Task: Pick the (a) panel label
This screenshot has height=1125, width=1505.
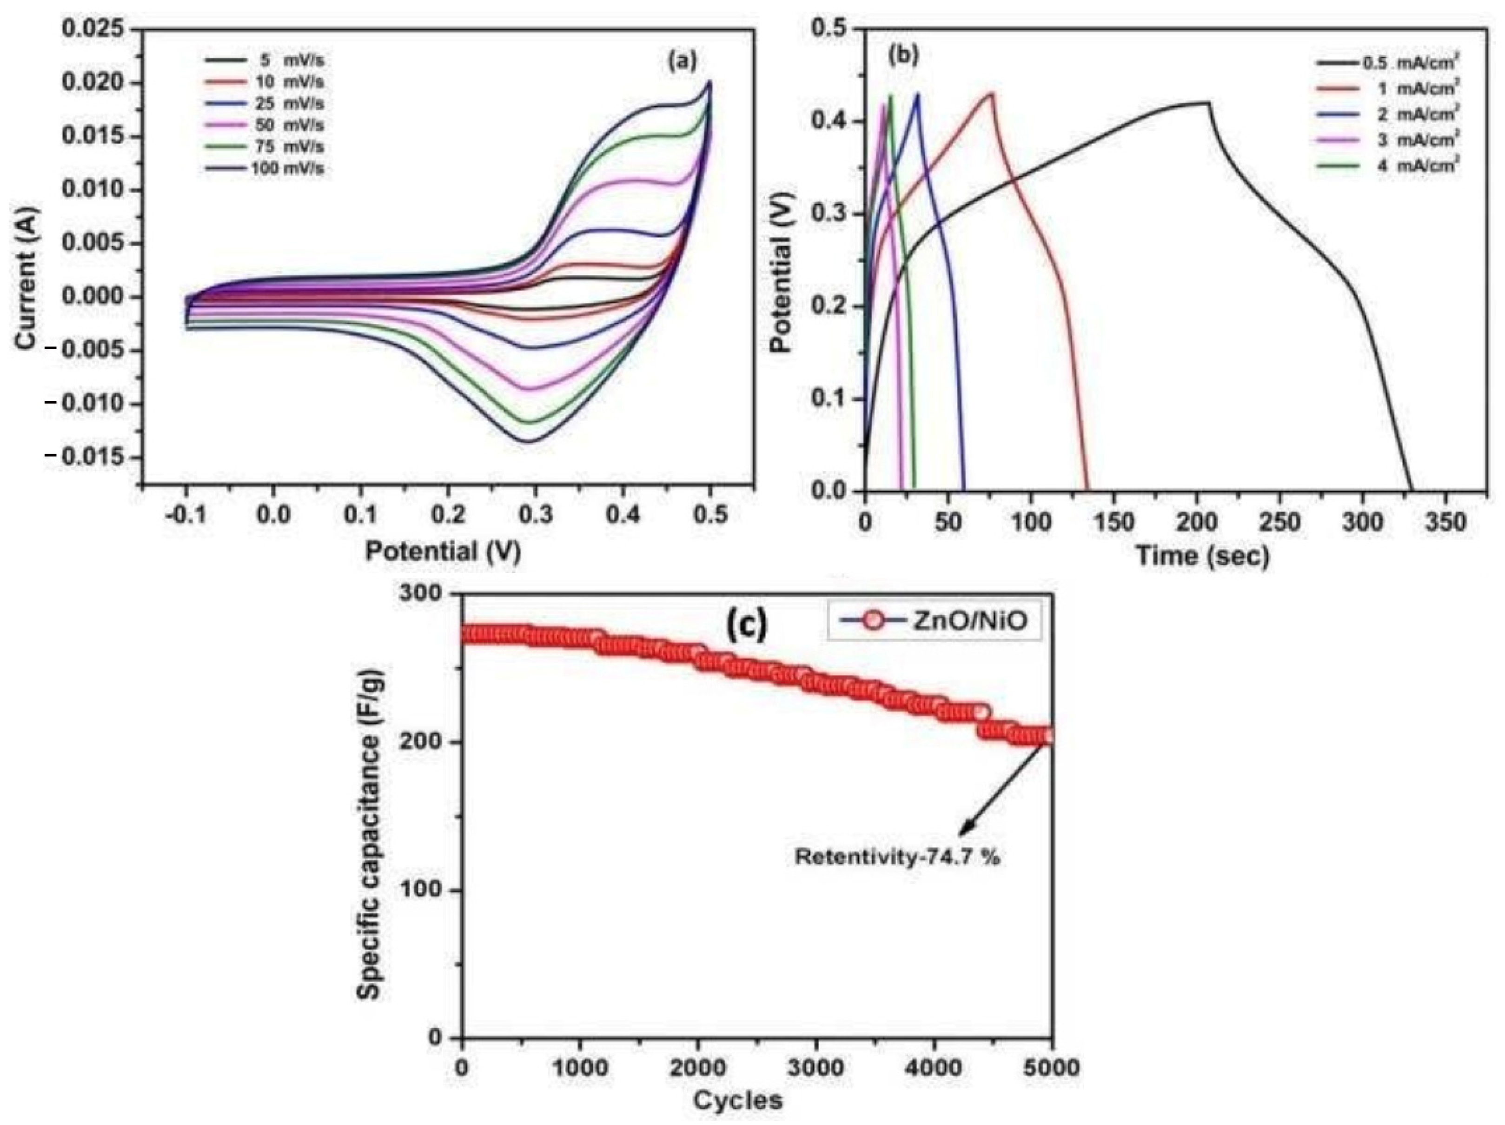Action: pos(682,61)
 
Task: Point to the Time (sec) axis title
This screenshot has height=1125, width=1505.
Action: pos(1202,556)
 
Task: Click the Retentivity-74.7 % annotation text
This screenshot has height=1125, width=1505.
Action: pos(897,857)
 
